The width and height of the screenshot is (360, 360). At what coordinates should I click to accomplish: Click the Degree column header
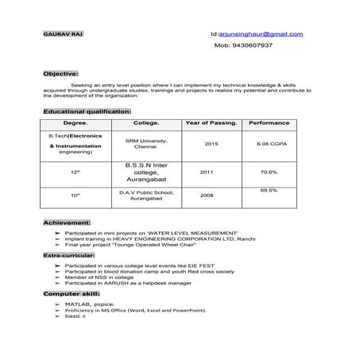(x=75, y=124)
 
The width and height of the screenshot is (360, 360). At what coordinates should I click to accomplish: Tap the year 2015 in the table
(x=211, y=144)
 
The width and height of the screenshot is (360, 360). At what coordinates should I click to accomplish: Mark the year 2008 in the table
(x=206, y=195)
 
